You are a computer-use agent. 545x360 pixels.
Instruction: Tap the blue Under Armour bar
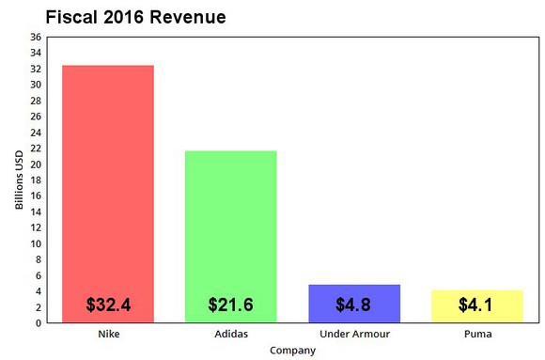354,291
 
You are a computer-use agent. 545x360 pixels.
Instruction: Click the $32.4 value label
108,305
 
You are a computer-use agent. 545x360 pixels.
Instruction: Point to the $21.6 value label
231,305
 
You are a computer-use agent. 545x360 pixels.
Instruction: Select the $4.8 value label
354,305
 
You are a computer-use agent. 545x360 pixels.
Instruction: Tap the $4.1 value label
475,305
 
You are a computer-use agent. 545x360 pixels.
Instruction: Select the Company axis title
292,351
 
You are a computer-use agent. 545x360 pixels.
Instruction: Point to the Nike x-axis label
108,335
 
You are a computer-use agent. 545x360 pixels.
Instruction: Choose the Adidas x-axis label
231,335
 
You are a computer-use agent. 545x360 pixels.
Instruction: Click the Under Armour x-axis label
354,335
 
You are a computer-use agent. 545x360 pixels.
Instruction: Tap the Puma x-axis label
477,335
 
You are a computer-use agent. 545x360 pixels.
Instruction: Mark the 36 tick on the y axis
36,37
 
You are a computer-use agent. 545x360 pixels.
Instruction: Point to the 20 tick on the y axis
36,164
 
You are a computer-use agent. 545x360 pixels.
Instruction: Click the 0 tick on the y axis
39,323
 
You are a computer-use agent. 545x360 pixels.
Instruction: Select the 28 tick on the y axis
36,101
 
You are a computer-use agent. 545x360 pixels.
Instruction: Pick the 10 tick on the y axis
36,243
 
